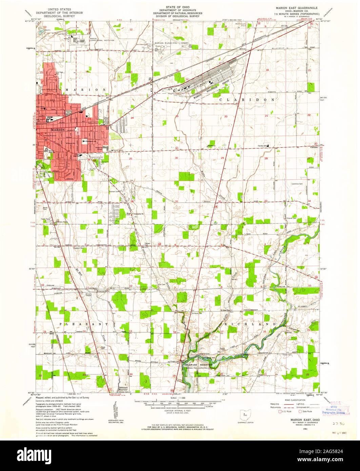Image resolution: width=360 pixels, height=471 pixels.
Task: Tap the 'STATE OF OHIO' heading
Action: (178, 7)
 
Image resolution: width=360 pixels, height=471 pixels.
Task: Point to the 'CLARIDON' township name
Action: (247, 100)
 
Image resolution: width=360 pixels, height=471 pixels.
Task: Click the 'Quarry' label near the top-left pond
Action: (47, 30)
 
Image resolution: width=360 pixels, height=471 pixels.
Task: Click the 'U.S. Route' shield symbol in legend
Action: (280, 411)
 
